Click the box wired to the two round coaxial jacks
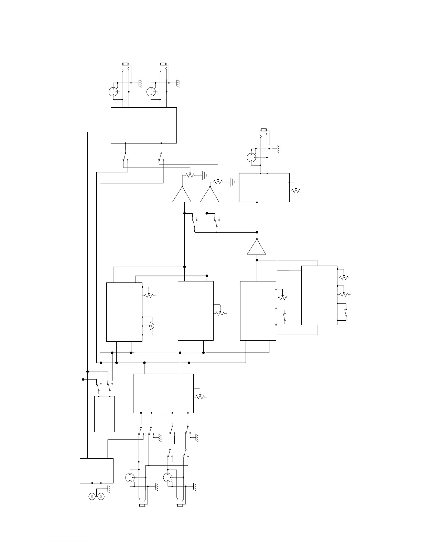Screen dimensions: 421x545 tap(97, 471)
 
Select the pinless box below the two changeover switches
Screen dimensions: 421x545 tap(104, 414)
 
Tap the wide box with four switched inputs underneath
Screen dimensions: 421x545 tap(163, 393)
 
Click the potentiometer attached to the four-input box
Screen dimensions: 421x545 tap(200, 396)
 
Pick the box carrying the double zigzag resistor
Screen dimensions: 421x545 tap(124, 312)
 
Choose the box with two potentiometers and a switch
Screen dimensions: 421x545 tap(319, 295)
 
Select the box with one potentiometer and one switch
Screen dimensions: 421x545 tap(258, 311)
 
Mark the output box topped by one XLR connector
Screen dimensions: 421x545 tap(264, 188)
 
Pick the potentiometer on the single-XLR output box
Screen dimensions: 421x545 tap(296, 190)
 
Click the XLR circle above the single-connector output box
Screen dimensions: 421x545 tap(251, 158)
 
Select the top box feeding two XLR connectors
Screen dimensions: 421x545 tap(144, 125)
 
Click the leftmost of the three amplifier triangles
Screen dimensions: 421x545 tap(182, 195)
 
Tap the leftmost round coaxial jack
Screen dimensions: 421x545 tap(92, 496)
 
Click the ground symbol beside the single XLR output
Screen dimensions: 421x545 tap(279, 149)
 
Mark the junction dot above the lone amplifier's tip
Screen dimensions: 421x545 tap(257, 232)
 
